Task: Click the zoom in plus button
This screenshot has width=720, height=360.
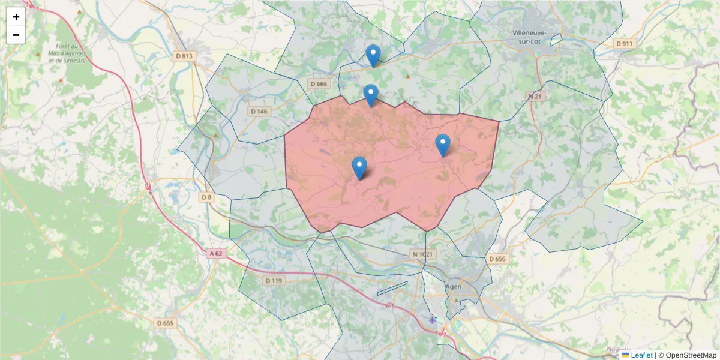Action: coord(16,17)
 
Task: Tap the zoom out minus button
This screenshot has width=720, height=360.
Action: coord(16,35)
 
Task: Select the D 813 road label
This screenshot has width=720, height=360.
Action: coord(185,56)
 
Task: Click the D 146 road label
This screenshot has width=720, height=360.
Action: coord(259,112)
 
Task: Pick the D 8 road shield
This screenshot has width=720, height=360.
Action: coord(206,197)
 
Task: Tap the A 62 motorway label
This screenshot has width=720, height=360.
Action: coord(216,254)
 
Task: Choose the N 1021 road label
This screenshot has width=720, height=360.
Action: coord(422,254)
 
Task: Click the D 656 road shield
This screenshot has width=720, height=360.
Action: coord(497,259)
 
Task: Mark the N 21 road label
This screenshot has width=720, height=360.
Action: coord(535,96)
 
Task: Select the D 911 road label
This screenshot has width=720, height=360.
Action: coord(625,44)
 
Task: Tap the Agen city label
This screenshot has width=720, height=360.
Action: coord(454,287)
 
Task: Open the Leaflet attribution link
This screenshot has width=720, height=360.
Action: coord(641,355)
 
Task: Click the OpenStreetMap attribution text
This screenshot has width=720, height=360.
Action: coord(691,355)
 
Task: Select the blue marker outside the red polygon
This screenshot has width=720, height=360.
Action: coord(373,56)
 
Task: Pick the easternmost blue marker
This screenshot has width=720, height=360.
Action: coord(443,145)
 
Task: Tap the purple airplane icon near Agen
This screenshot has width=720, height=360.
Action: coord(433,320)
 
